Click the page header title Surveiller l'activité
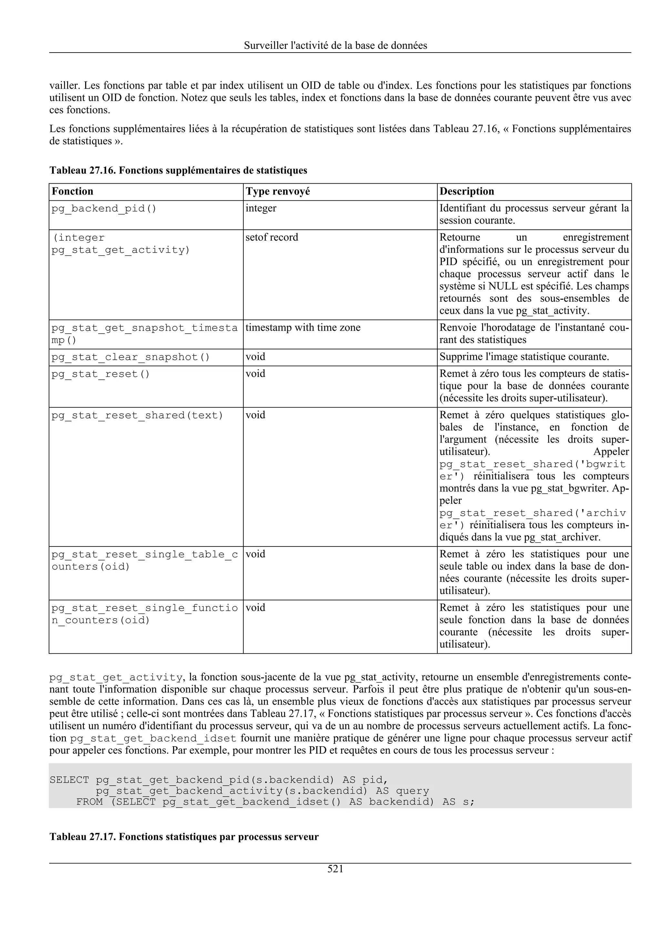point(335,45)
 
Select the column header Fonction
point(73,191)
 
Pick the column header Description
point(467,191)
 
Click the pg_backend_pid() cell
point(104,209)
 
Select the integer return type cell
point(261,208)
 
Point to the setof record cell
point(272,237)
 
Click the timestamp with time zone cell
point(303,328)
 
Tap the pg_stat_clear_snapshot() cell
point(130,357)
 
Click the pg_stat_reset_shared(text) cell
point(137,415)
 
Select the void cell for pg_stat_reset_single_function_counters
point(255,608)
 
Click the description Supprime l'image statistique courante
point(524,357)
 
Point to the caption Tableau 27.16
point(178,170)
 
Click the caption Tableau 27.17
point(184,837)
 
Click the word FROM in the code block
point(89,802)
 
